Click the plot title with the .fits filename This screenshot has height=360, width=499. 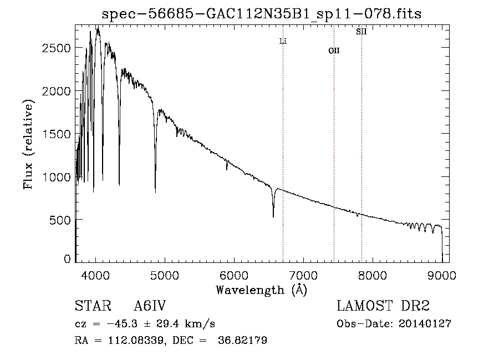pyautogui.click(x=262, y=14)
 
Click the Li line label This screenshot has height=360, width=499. pyautogui.click(x=283, y=41)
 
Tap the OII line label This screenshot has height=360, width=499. pyautogui.click(x=334, y=50)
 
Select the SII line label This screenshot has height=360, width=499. pyautogui.click(x=361, y=32)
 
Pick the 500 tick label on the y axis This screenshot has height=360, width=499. pyautogui.click(x=60, y=220)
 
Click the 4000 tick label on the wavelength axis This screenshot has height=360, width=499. pyautogui.click(x=95, y=275)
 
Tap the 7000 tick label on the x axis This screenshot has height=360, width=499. pyautogui.click(x=303, y=275)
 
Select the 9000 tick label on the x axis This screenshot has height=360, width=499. pyautogui.click(x=442, y=275)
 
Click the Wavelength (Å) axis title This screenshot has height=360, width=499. pyautogui.click(x=261, y=290)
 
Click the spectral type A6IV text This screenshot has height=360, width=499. pyautogui.click(x=150, y=306)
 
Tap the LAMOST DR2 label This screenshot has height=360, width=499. pyautogui.click(x=383, y=306)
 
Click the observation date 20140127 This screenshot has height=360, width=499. pyautogui.click(x=425, y=324)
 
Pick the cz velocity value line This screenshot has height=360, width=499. pyautogui.click(x=145, y=324)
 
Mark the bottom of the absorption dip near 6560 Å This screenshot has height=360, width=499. pyautogui.click(x=273, y=217)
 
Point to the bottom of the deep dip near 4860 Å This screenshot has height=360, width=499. pyautogui.click(x=155, y=192)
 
